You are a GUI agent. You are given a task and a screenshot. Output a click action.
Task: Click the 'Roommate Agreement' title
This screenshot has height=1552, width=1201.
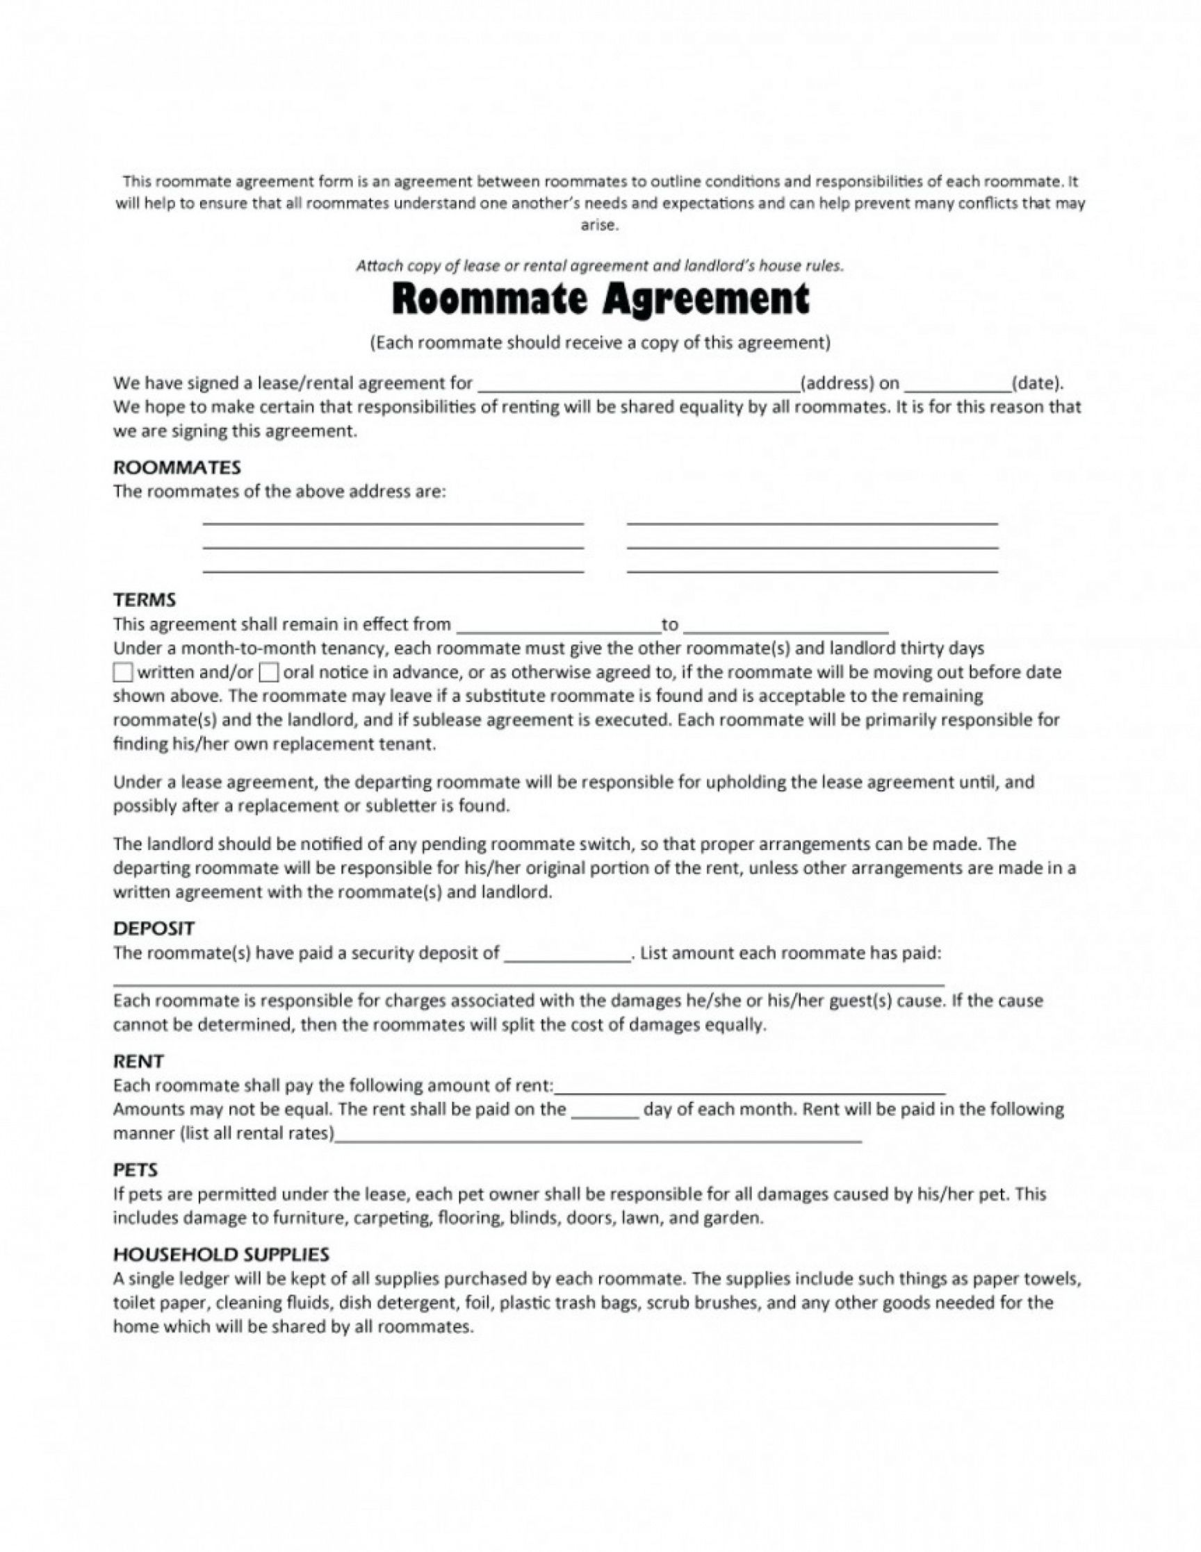(600, 299)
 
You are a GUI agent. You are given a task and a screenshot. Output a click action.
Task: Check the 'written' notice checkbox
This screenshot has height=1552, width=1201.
(123, 672)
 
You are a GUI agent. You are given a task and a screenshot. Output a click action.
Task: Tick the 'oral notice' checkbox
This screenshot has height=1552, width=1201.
(269, 672)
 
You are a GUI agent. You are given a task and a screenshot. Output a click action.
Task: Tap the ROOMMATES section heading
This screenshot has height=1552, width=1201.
(177, 467)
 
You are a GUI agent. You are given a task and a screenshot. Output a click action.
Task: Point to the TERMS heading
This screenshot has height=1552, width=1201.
(145, 600)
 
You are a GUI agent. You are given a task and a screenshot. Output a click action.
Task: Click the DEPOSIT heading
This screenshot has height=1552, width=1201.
(154, 928)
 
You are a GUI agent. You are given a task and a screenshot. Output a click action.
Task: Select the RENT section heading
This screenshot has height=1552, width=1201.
(139, 1061)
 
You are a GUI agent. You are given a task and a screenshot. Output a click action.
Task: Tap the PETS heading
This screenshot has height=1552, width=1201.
(135, 1170)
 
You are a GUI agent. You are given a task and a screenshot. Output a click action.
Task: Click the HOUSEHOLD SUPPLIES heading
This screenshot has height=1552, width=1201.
(221, 1254)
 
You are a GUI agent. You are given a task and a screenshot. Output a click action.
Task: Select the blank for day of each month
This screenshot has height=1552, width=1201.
(605, 1112)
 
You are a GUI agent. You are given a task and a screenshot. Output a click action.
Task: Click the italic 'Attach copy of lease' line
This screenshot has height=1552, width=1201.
(600, 266)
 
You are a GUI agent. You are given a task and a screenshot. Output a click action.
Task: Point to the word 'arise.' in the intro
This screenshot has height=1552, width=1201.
(600, 225)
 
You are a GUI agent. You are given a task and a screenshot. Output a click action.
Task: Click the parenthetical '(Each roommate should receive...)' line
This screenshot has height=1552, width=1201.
(600, 343)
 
